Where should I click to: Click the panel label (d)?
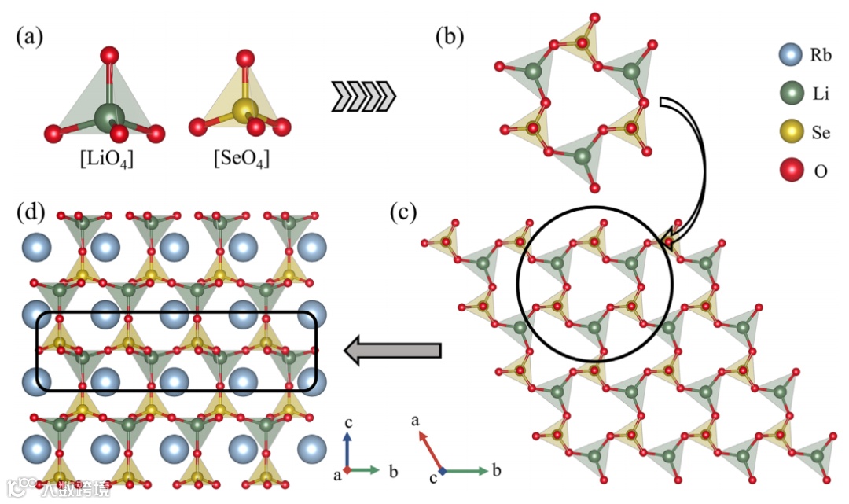click(31, 212)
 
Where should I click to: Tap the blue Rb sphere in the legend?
click(789, 56)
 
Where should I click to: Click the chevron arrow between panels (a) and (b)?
click(363, 97)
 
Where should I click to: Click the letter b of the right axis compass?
click(496, 472)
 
